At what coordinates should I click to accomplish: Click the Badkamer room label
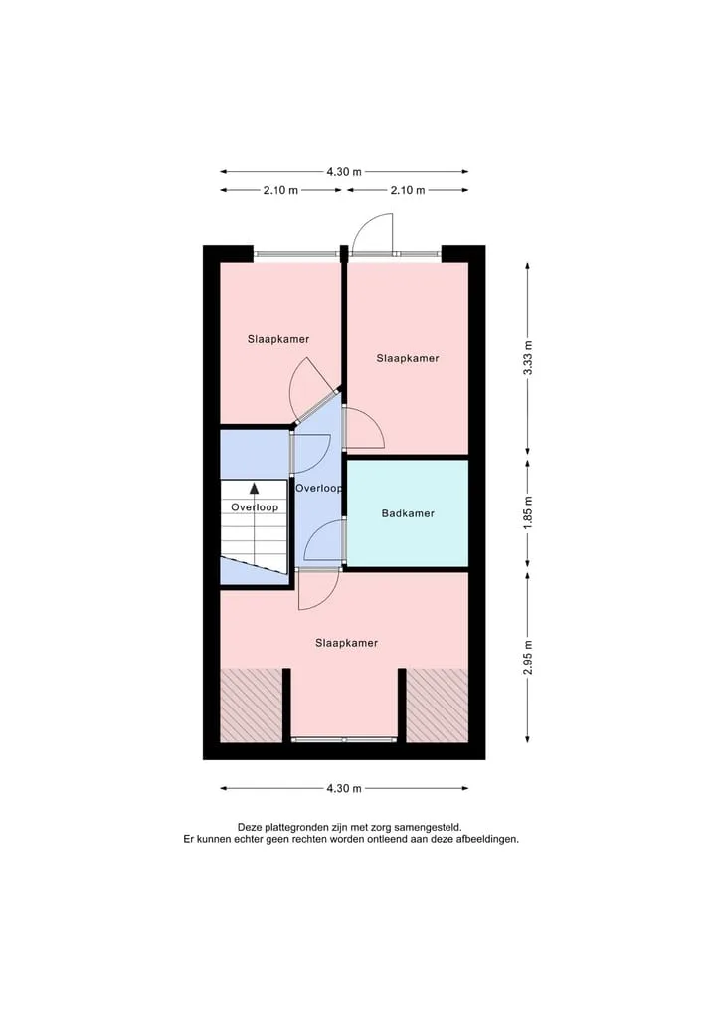(408, 513)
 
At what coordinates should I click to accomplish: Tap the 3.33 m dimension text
(528, 358)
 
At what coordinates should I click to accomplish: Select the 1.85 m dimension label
(528, 513)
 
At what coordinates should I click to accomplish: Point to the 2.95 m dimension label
(528, 658)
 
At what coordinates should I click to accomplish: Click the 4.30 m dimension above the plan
(344, 172)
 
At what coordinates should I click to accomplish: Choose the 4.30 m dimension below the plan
(344, 788)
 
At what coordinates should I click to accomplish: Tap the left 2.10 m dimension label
(280, 190)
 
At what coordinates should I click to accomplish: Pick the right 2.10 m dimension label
(408, 190)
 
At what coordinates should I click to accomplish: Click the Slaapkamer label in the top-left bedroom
(278, 339)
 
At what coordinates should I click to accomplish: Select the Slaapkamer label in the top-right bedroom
(408, 358)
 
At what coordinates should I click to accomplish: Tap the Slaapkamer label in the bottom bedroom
(346, 643)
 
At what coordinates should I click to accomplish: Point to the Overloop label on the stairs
(255, 507)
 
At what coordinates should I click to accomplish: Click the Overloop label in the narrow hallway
(318, 488)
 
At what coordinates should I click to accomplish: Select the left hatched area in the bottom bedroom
(252, 706)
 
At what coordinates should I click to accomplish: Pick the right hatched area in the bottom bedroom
(438, 706)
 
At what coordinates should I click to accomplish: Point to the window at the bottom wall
(344, 739)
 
